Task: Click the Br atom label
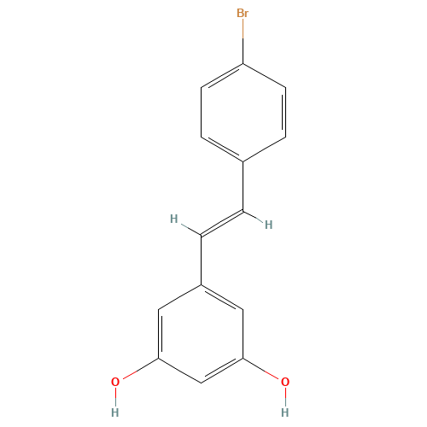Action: tap(243, 13)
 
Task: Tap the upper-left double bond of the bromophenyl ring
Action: tap(222, 75)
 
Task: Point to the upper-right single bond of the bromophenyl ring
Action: tap(265, 75)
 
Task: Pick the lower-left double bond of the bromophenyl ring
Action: tap(222, 149)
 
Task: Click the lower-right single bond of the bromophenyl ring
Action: tap(265, 149)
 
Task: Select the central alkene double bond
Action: tap(222, 222)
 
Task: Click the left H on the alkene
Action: tap(173, 219)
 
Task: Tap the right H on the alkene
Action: tap(268, 225)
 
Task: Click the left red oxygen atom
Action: tap(115, 382)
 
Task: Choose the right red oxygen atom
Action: tap(284, 382)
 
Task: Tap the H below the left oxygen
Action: tap(115, 412)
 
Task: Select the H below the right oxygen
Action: tap(284, 412)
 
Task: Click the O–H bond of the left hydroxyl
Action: tap(115, 397)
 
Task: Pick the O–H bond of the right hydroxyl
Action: tap(284, 397)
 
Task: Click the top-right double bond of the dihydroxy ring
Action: tap(222, 296)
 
